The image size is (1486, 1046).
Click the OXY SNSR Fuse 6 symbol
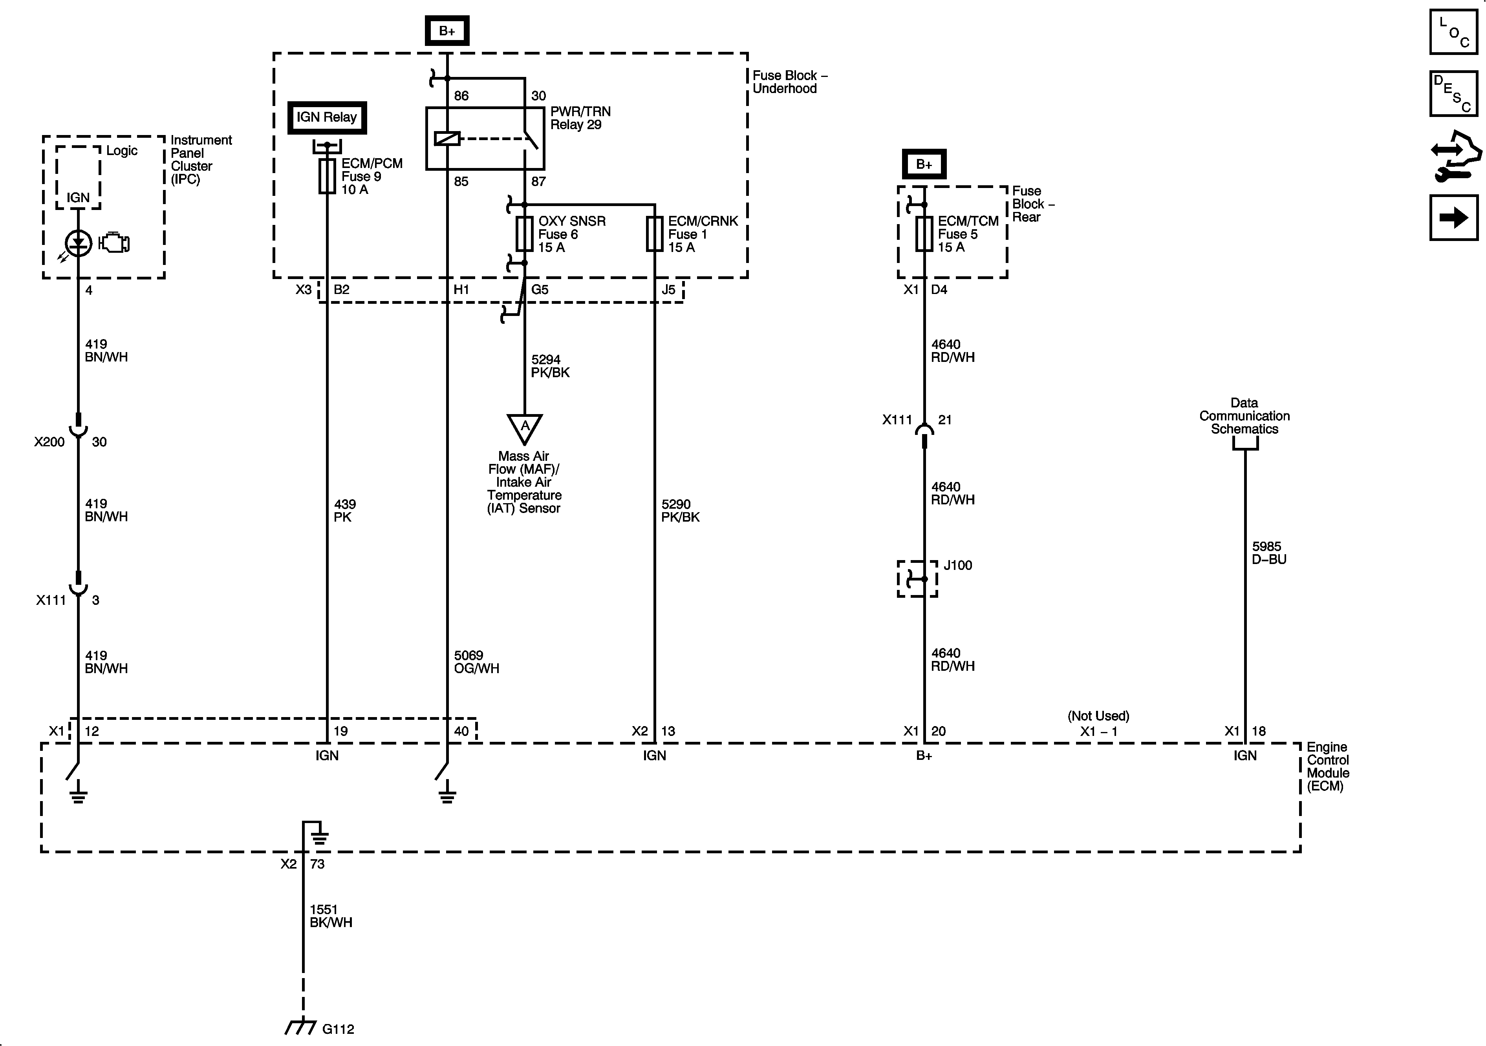tap(524, 234)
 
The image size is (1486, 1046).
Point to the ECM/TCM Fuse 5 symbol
tap(924, 234)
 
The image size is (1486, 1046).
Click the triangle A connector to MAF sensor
tap(524, 427)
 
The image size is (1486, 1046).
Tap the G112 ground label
tap(338, 1029)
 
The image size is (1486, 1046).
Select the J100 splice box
tap(917, 578)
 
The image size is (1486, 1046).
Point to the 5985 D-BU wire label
tap(1268, 552)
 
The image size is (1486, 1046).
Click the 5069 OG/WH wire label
tap(476, 662)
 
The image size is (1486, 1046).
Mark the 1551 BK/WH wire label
tap(331, 916)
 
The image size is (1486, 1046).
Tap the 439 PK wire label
tap(344, 510)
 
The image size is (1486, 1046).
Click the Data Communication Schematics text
tap(1244, 416)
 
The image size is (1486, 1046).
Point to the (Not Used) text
tap(1098, 716)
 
